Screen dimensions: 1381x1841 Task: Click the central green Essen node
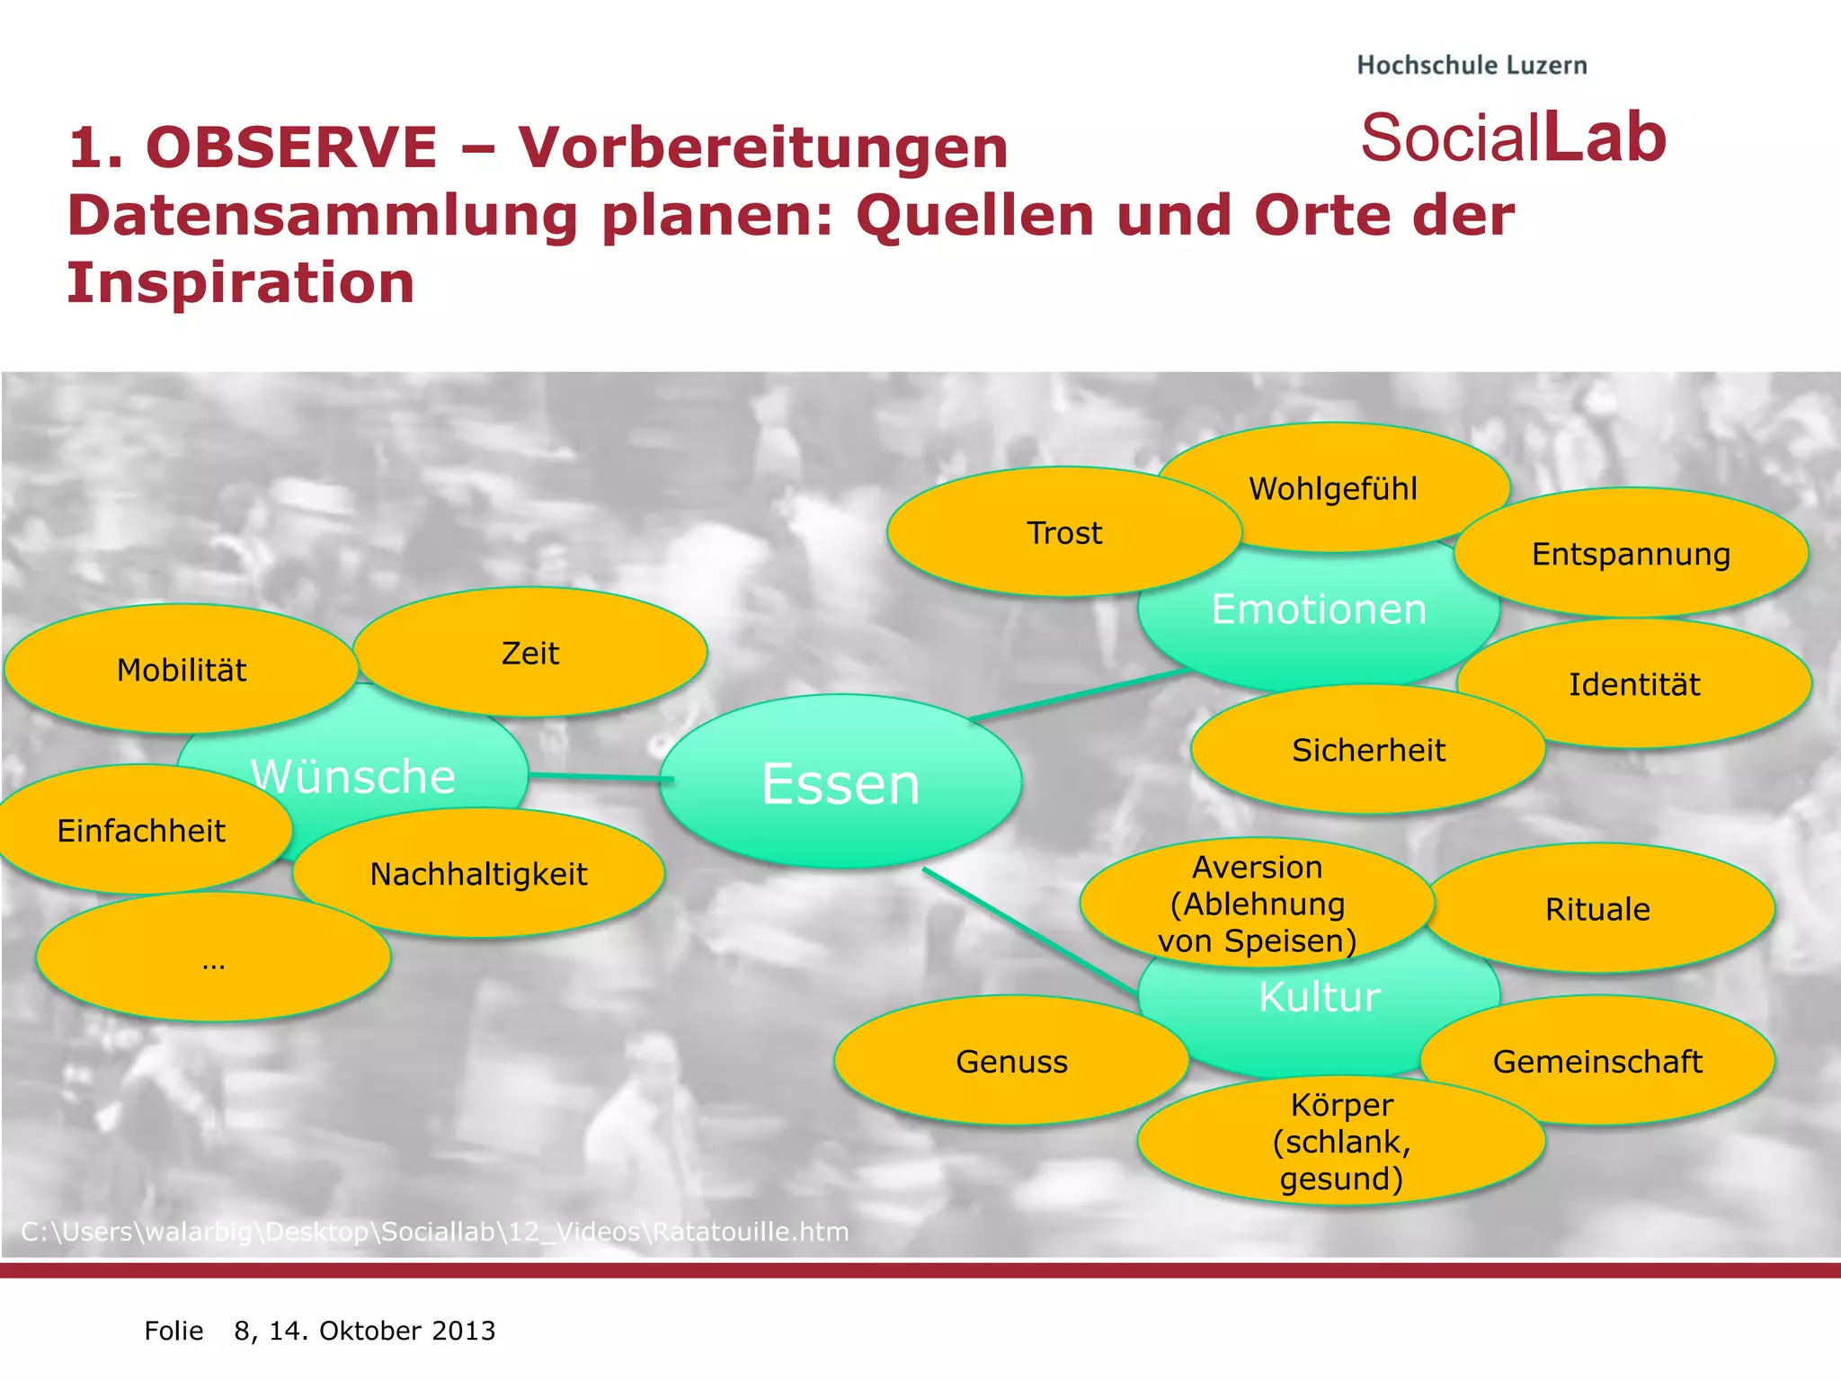[x=840, y=782]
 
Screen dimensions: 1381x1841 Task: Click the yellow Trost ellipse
[x=1064, y=533]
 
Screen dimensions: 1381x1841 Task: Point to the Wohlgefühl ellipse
[x=1333, y=488]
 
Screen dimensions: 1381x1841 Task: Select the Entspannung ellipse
[x=1631, y=554]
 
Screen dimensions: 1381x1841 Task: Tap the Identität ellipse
[x=1634, y=684]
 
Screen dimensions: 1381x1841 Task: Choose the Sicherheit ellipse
[x=1368, y=750]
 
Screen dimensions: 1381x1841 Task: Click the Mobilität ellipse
[x=182, y=670]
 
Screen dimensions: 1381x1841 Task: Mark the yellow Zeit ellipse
[x=530, y=653]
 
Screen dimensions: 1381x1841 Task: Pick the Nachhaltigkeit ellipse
[x=478, y=874]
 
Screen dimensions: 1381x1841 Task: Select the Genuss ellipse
[x=1011, y=1061]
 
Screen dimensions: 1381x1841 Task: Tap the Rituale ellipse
[x=1597, y=909]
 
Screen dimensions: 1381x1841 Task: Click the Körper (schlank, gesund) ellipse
[x=1341, y=1142]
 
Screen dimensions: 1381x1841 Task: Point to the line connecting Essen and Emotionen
[x=1079, y=695]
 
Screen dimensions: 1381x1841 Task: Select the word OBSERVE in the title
[x=291, y=147]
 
